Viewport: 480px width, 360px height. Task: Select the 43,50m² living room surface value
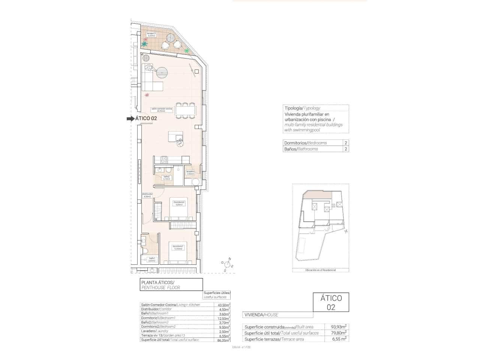[x=224, y=305]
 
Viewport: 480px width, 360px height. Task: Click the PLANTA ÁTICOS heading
[x=157, y=282]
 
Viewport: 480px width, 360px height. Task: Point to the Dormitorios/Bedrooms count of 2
[x=346, y=143]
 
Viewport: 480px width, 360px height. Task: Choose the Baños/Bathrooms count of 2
[x=346, y=149]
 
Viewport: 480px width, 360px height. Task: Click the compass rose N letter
[x=230, y=259]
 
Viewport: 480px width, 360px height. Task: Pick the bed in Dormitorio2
[x=179, y=209]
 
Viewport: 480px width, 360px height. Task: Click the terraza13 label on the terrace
[x=151, y=34]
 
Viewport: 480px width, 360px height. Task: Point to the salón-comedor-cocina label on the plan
[x=162, y=110]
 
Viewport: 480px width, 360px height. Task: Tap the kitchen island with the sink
[x=175, y=136]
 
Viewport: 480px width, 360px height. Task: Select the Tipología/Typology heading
[x=302, y=108]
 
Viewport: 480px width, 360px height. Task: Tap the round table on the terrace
[x=171, y=38]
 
